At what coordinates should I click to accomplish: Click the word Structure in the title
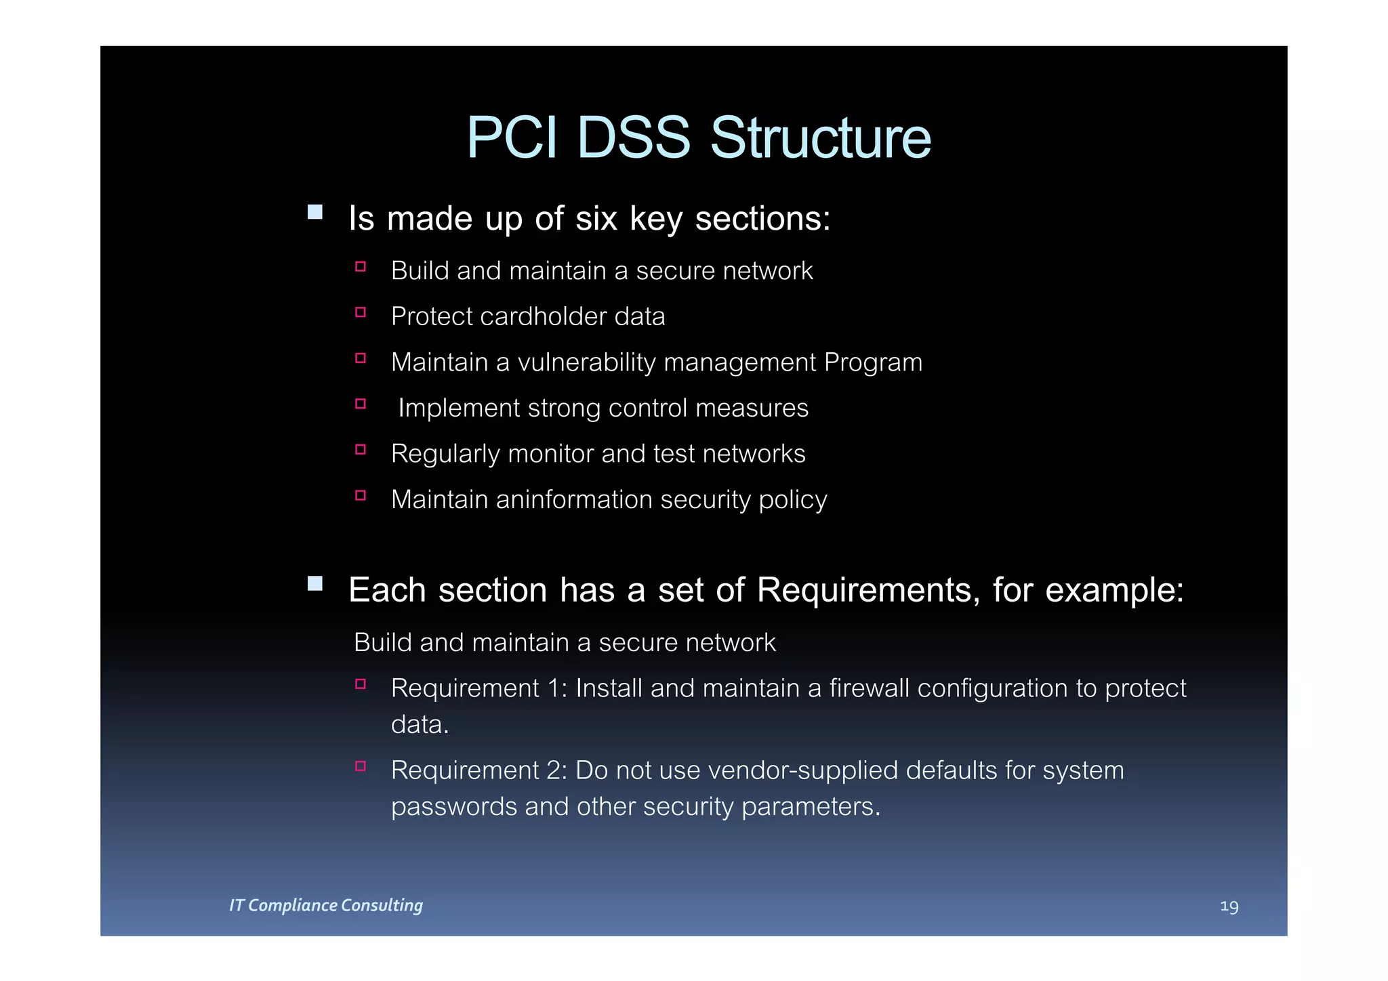click(x=820, y=138)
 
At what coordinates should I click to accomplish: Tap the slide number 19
click(x=1229, y=906)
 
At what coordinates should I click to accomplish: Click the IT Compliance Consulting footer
click(x=326, y=905)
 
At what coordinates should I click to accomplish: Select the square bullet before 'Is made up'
click(x=315, y=212)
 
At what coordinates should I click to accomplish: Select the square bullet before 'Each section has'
click(x=315, y=583)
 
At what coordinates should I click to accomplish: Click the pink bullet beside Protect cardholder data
click(x=361, y=312)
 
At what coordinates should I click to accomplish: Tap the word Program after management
click(x=873, y=362)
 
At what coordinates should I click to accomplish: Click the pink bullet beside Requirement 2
click(x=361, y=766)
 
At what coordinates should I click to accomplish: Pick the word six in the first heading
click(x=596, y=219)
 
